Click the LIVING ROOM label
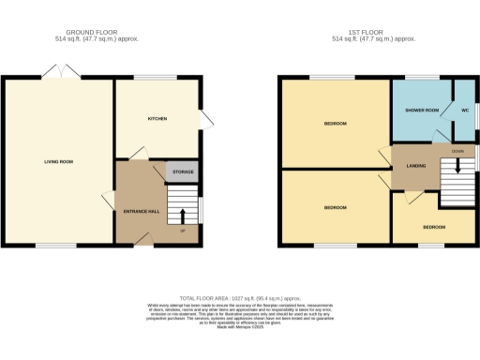pos(58,161)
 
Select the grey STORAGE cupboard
pos(182,172)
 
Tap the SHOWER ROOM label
pos(422,111)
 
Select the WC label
pos(463,111)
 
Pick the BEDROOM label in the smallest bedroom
pos(432,227)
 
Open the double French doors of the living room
pos(59,72)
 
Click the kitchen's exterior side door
pos(205,120)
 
